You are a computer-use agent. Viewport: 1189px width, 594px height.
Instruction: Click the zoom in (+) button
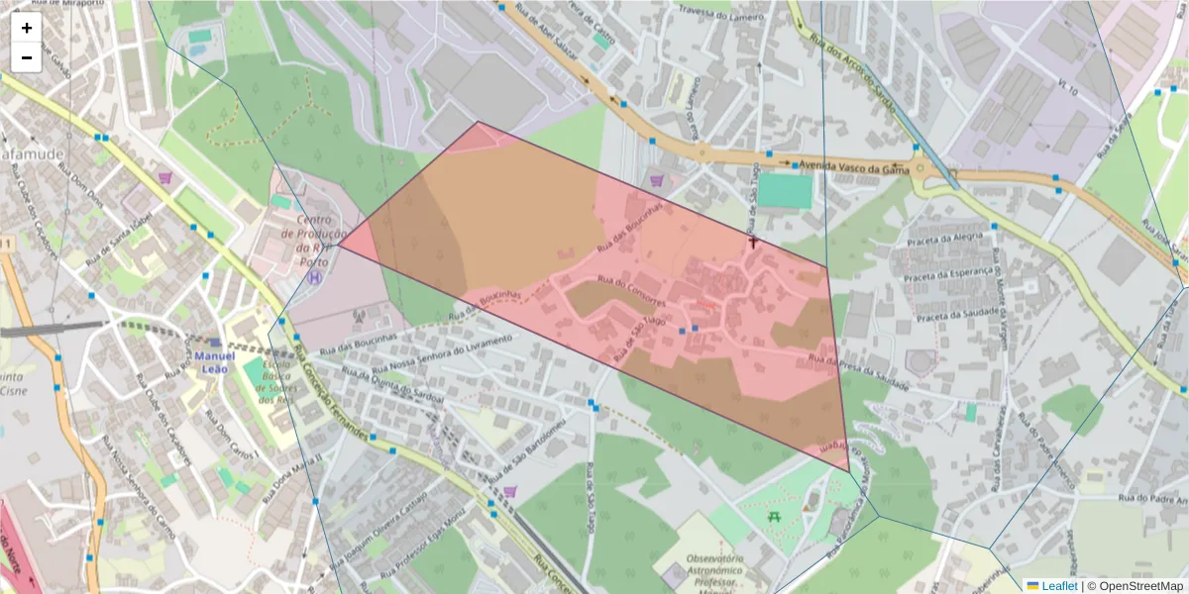tap(27, 28)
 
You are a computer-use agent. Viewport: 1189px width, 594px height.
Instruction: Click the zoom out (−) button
tap(27, 57)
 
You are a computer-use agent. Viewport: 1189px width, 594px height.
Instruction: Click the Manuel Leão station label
tap(215, 362)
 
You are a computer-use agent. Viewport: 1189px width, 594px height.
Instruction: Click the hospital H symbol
tap(316, 278)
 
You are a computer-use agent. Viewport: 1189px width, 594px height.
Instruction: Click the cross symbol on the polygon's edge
tap(753, 241)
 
